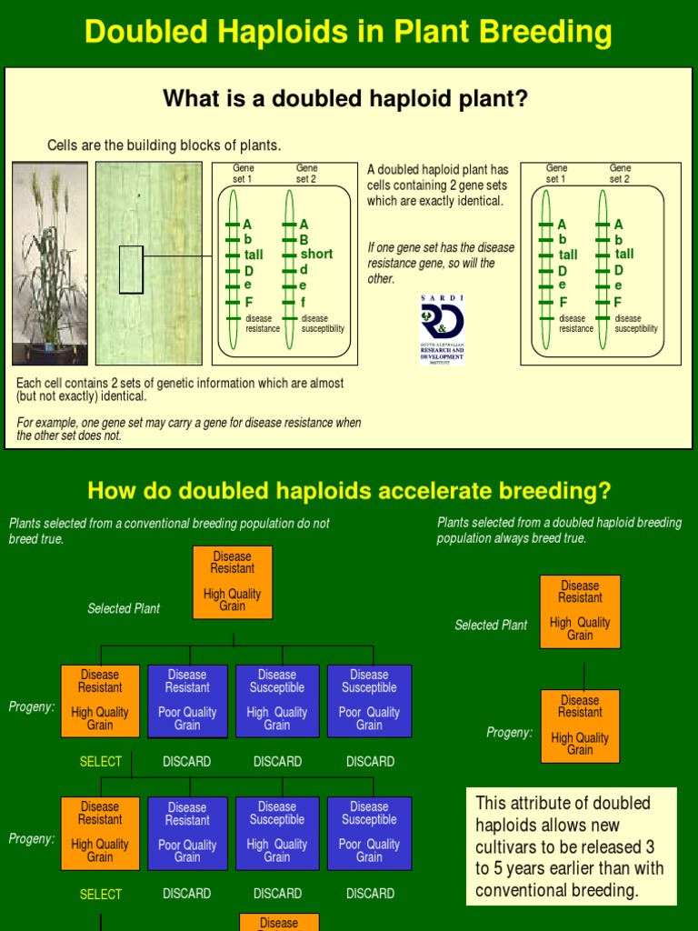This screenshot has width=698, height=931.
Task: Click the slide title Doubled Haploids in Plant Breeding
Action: point(348,33)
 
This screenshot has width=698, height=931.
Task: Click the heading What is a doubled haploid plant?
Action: point(344,98)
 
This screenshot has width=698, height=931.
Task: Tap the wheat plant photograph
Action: point(50,264)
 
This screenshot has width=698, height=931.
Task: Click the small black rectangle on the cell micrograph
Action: point(131,269)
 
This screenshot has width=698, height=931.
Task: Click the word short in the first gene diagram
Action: point(316,254)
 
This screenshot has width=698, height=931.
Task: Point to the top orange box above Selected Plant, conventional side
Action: point(233,582)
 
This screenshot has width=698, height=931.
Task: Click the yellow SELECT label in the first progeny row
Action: point(101,762)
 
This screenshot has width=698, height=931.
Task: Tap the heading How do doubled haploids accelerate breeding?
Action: point(349,491)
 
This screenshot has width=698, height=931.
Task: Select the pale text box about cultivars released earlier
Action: point(572,846)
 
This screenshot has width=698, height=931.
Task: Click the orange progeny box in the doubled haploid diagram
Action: point(580,726)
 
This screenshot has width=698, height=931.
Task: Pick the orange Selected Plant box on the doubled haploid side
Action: point(580,611)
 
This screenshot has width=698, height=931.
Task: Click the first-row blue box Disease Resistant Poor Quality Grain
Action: point(187,700)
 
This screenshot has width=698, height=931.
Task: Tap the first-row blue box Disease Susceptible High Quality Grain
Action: point(277,700)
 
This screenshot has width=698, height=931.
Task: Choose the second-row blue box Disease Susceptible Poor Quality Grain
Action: point(369,832)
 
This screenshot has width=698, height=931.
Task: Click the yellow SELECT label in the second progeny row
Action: point(101,895)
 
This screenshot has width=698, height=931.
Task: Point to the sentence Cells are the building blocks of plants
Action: point(165,145)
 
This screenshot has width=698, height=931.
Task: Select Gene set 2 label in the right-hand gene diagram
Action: point(620,174)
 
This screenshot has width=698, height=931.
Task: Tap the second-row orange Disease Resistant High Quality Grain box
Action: point(100,832)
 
